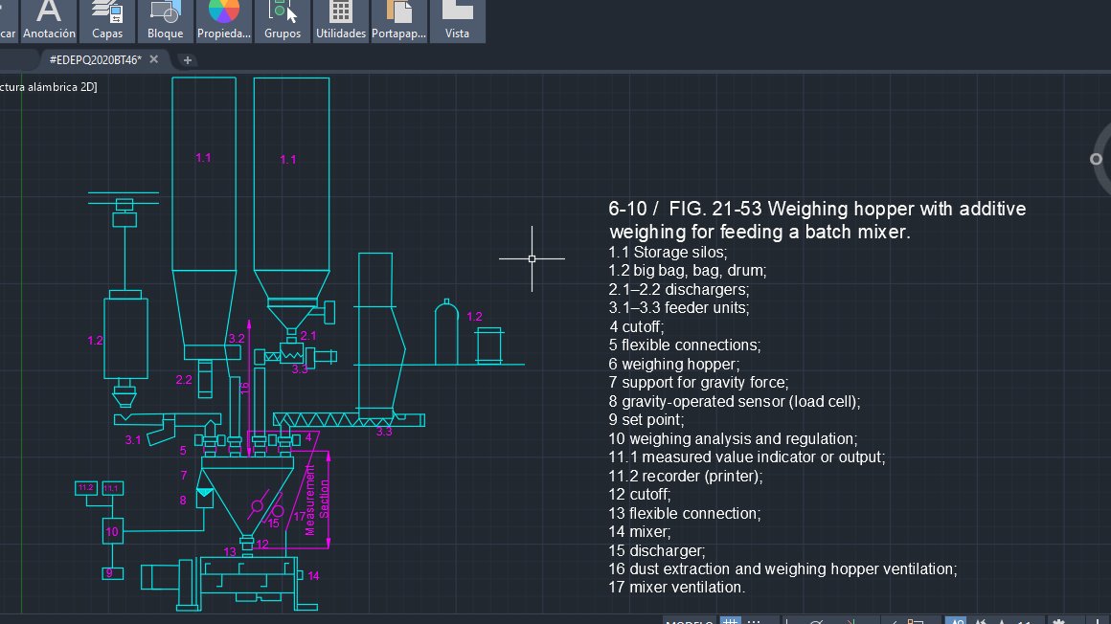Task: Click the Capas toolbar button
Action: coord(107,19)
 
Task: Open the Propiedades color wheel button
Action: coord(223,19)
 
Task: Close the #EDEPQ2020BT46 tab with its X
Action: coord(154,60)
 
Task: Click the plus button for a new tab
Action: coord(188,60)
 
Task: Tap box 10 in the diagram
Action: coord(112,531)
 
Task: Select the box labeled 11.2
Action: coord(86,488)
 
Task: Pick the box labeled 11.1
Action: coord(112,488)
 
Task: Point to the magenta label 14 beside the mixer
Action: coord(313,575)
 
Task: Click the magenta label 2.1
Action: coord(307,336)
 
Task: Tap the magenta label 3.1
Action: coord(132,440)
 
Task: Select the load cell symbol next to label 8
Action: coord(205,497)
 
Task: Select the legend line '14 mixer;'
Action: coord(640,532)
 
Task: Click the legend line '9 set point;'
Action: coord(646,420)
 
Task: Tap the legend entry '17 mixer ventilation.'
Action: coord(676,588)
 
